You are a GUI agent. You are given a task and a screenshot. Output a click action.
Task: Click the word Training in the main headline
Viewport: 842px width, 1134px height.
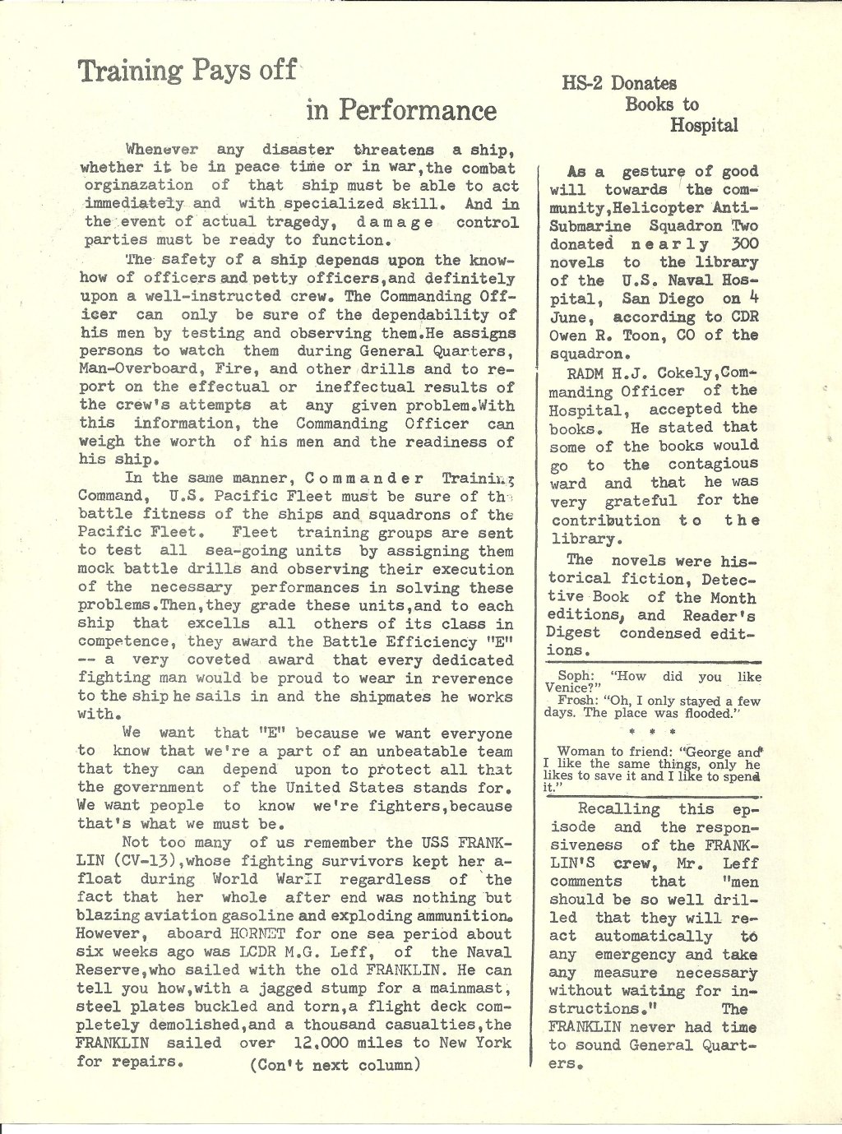click(130, 72)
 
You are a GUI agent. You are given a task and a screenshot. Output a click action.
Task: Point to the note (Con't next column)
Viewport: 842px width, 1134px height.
click(335, 1065)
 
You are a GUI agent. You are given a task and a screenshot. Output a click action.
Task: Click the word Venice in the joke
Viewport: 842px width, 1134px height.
click(568, 688)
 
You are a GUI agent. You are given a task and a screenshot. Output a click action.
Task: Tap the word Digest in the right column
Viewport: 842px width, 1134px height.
click(572, 633)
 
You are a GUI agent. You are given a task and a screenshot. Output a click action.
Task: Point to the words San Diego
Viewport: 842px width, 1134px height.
click(662, 299)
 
